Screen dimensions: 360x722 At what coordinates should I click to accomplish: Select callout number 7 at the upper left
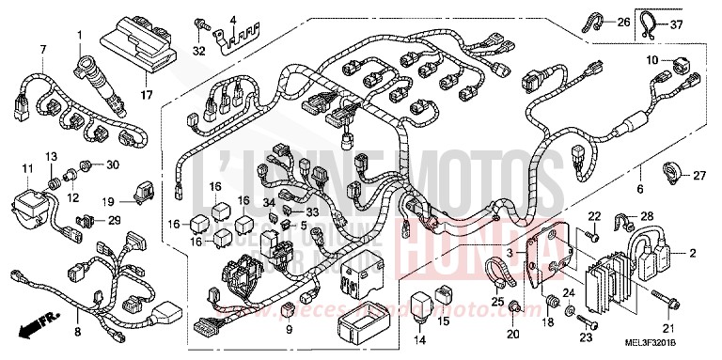coord(42,49)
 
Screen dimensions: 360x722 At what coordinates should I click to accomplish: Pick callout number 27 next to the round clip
coord(699,176)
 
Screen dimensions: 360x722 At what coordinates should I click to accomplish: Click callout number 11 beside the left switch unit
coord(15,168)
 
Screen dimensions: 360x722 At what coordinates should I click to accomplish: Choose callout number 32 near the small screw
coord(198,50)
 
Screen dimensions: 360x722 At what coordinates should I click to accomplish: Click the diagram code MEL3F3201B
coord(671,350)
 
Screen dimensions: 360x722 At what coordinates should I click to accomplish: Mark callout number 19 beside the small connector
coord(109,201)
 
